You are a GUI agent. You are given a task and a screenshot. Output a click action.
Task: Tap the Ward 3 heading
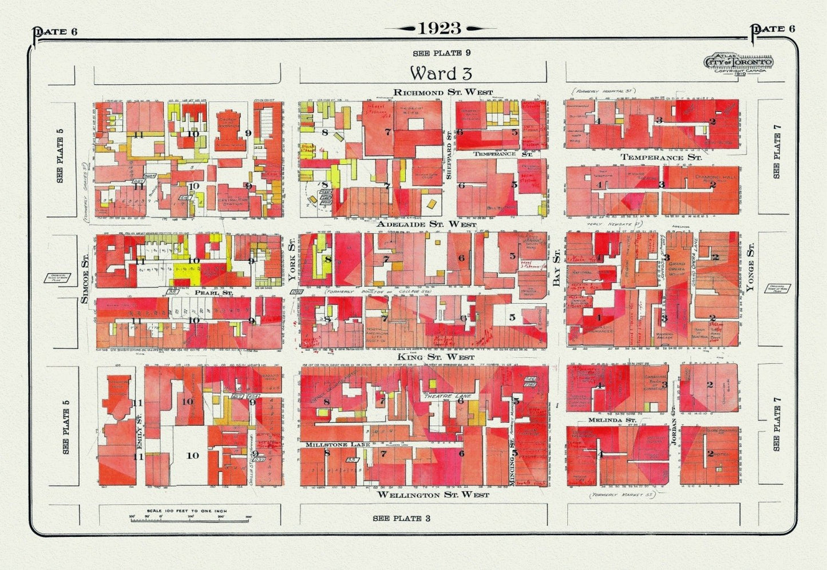coord(441,73)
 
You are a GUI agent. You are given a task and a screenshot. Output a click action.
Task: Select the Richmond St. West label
coord(443,92)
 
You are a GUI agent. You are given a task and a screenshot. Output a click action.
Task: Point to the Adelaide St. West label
coord(426,225)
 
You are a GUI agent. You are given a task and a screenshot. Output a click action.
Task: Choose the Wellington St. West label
coord(433,494)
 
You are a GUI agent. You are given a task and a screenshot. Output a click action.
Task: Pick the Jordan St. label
coord(674,434)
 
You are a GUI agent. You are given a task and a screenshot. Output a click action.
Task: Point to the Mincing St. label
coord(511,465)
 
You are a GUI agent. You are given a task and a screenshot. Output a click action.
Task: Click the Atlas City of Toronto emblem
coord(739,62)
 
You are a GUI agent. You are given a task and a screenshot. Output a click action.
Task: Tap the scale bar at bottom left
coord(191,517)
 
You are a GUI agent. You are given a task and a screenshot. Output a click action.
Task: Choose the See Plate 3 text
coord(401,518)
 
